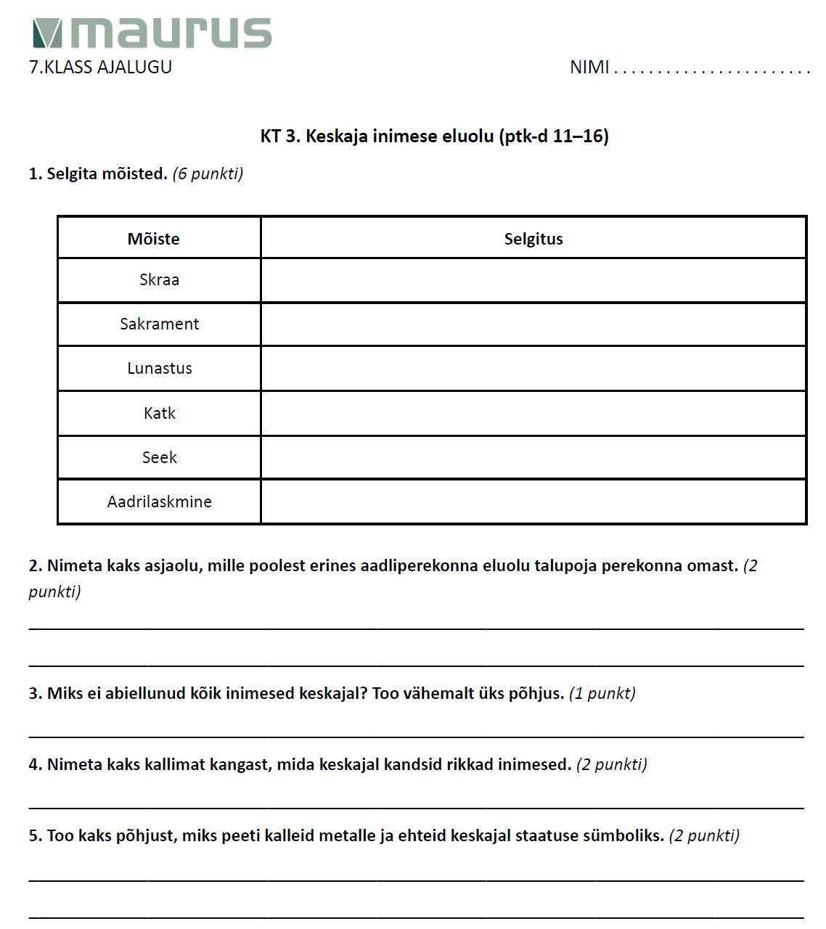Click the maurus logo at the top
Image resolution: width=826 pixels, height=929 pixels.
point(152,33)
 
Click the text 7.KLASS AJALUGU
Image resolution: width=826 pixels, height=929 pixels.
point(100,67)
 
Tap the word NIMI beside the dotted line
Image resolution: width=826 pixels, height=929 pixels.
point(589,67)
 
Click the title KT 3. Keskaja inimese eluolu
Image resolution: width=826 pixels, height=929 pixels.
point(434,136)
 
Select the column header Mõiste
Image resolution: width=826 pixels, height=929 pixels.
point(153,239)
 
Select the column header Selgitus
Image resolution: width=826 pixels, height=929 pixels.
point(533,239)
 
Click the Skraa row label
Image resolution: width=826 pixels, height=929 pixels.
point(159,279)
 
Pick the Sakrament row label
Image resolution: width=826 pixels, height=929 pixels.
point(159,324)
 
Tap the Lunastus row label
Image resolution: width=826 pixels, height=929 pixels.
point(159,368)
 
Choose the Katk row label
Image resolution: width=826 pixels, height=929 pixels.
point(159,413)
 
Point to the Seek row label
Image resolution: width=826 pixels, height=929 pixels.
point(159,457)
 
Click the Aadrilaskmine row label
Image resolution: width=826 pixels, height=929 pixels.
point(159,502)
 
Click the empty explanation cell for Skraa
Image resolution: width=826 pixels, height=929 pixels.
point(533,280)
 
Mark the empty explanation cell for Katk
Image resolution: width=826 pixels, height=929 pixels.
point(533,413)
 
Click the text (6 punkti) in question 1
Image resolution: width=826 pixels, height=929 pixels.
point(208,174)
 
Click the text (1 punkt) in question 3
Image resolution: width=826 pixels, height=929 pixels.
point(602,694)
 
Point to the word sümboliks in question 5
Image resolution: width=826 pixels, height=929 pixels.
point(625,836)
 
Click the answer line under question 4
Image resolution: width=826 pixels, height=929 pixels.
point(416,806)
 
